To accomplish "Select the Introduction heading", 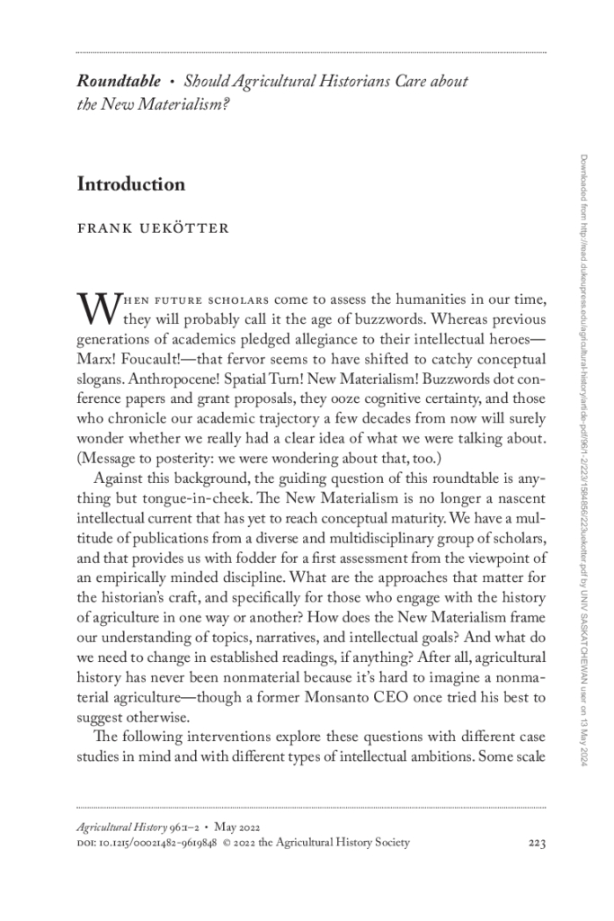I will [x=131, y=184].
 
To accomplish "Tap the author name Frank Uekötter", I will [x=153, y=228].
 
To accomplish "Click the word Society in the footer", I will [x=387, y=843].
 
